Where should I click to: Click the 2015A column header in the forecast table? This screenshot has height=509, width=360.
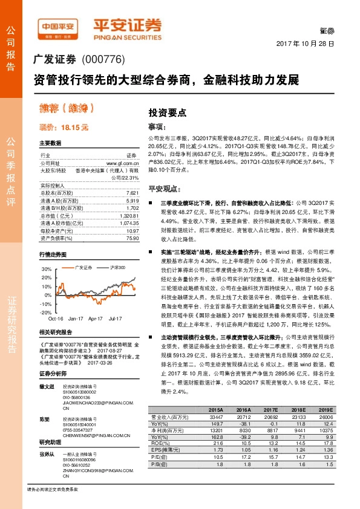click(x=216, y=409)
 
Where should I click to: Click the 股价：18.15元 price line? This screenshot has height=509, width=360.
click(x=64, y=128)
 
